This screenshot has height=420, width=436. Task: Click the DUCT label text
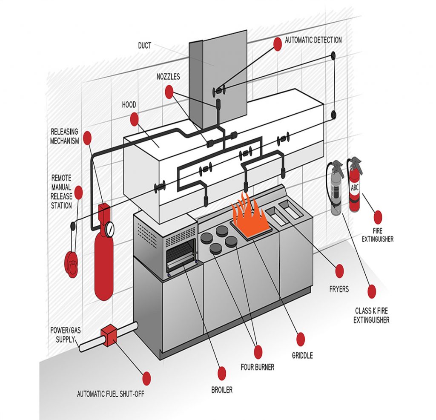(144, 46)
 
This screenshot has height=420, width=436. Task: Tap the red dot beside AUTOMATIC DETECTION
(278, 44)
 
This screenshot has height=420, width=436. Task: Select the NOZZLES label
(167, 77)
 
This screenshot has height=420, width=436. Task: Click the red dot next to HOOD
(135, 119)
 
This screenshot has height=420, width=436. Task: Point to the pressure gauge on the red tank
(110, 229)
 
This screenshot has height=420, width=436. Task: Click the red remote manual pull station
(71, 264)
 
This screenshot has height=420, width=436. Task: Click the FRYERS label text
(338, 289)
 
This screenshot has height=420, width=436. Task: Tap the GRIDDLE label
(302, 355)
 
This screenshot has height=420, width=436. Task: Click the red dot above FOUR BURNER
(258, 351)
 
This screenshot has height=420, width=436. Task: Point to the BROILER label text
(221, 389)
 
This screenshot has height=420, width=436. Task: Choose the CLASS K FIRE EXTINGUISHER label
(371, 315)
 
